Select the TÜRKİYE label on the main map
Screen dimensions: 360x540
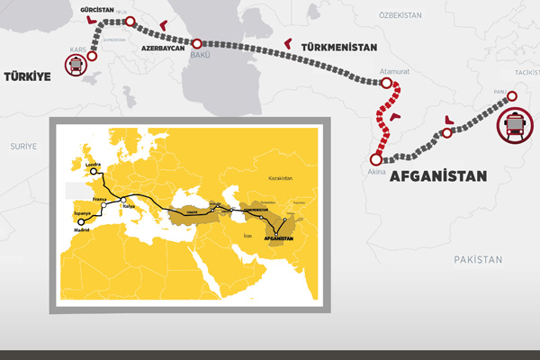28,77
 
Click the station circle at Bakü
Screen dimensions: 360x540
198,42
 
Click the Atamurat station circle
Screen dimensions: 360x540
388,84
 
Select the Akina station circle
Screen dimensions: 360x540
376,159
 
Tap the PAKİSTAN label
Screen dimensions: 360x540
476,259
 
